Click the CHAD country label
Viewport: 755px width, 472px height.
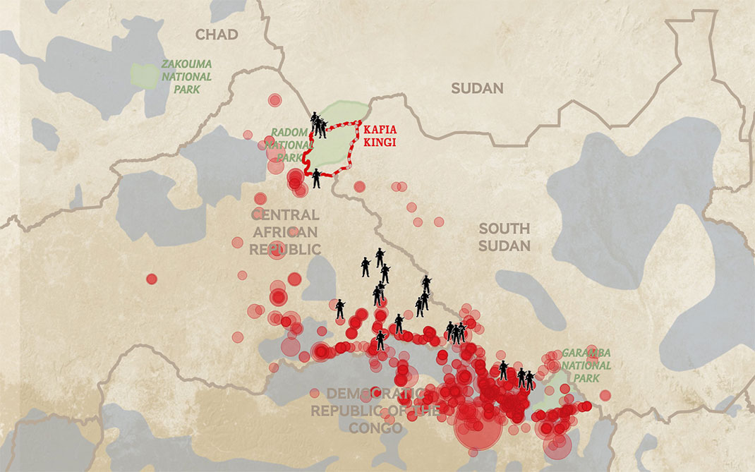pos(217,35)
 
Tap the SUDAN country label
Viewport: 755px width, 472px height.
pos(478,88)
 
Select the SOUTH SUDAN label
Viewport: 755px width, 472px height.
pos(504,237)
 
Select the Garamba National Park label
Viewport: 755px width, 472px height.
pos(586,365)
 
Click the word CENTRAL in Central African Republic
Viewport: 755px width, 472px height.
pos(285,215)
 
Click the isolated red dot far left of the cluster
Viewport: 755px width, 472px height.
pos(151,279)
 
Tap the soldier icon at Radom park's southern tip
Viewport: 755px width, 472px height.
pos(316,178)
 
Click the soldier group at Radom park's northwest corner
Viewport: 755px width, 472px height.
pos(318,125)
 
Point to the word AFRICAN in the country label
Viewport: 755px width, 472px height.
pos(285,232)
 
